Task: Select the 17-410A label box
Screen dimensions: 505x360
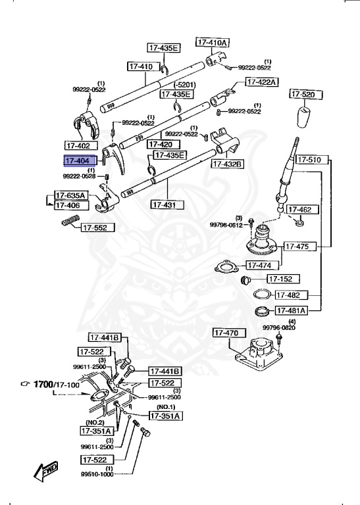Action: pyautogui.click(x=212, y=42)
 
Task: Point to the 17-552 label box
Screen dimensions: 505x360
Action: pyautogui.click(x=98, y=228)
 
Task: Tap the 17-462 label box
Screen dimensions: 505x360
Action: pyautogui.click(x=305, y=210)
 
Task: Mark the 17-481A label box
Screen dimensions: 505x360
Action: pyautogui.click(x=291, y=310)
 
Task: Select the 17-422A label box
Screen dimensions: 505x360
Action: pyautogui.click(x=262, y=82)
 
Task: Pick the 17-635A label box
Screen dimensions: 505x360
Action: pyautogui.click(x=70, y=195)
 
